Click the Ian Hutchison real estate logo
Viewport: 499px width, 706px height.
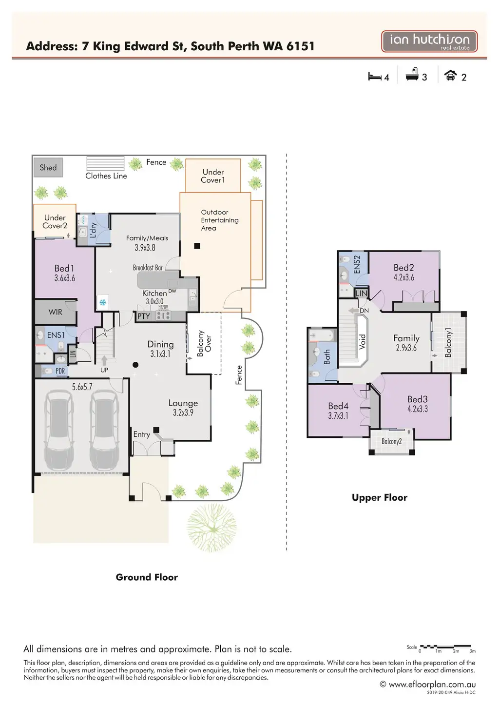pyautogui.click(x=429, y=41)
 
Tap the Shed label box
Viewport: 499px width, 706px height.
pyautogui.click(x=48, y=168)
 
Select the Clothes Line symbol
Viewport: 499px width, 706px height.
pyautogui.click(x=105, y=163)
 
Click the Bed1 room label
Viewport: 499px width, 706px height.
pyautogui.click(x=64, y=269)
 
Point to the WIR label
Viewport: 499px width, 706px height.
pyautogui.click(x=55, y=312)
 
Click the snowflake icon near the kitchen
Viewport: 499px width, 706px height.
pyautogui.click(x=103, y=303)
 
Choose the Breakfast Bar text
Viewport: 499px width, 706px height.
pyautogui.click(x=148, y=268)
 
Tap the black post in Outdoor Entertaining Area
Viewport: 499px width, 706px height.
pyautogui.click(x=197, y=246)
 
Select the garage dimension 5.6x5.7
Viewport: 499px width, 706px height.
pyautogui.click(x=82, y=387)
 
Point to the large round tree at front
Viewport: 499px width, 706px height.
pyautogui.click(x=211, y=527)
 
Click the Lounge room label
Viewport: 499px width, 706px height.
pyautogui.click(x=183, y=403)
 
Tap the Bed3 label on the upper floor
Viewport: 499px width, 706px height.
pyautogui.click(x=418, y=399)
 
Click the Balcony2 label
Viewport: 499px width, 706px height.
pyautogui.click(x=392, y=442)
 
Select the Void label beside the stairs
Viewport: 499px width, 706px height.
pyautogui.click(x=362, y=341)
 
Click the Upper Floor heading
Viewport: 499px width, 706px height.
pyautogui.click(x=380, y=498)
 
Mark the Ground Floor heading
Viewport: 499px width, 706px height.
pyautogui.click(x=147, y=577)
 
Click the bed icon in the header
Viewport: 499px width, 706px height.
pyautogui.click(x=375, y=77)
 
